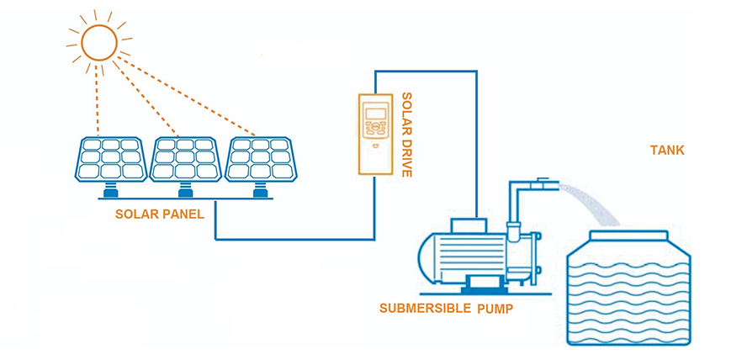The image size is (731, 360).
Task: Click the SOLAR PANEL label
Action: point(160,214)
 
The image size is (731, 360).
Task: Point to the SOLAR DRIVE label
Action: point(407,135)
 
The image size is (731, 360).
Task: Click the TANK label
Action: point(667,151)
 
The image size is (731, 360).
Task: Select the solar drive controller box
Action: point(376,134)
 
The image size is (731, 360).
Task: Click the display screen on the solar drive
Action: point(376,114)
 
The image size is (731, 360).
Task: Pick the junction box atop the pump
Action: point(469,225)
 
